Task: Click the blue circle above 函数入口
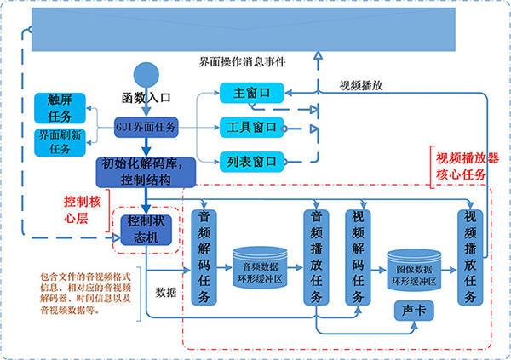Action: click(x=146, y=74)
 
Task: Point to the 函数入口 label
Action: click(x=146, y=98)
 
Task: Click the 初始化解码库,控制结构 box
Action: click(x=146, y=171)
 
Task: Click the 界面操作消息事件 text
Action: click(x=242, y=62)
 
